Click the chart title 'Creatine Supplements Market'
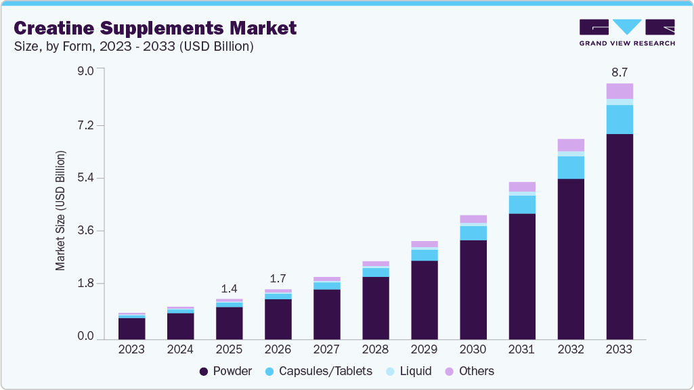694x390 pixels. (x=155, y=28)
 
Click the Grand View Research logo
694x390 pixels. (x=626, y=32)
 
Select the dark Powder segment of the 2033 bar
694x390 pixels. (x=620, y=236)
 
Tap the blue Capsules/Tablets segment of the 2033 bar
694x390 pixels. (x=620, y=119)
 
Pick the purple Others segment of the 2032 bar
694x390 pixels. (x=571, y=145)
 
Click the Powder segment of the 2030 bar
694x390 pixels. (x=473, y=289)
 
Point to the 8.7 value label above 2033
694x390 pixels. (x=620, y=72)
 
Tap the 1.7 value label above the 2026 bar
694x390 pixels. (x=278, y=278)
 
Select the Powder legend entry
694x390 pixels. (x=226, y=371)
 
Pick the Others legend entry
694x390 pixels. (x=469, y=371)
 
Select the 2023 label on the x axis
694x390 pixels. (x=131, y=350)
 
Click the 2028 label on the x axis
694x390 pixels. (x=376, y=350)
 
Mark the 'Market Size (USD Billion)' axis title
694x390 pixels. (x=61, y=211)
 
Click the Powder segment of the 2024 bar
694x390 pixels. (x=180, y=326)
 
